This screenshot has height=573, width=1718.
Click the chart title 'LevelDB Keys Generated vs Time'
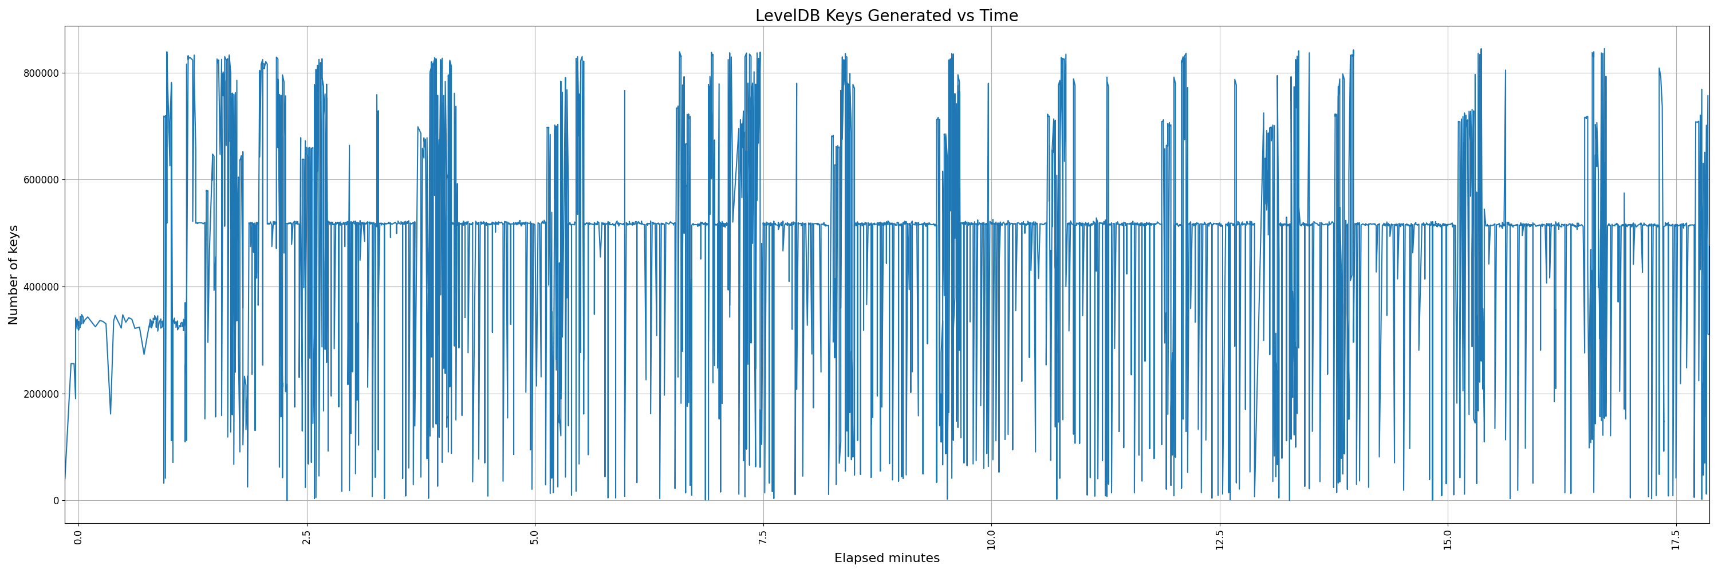click(886, 16)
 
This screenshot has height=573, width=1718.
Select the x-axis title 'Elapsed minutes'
click(886, 558)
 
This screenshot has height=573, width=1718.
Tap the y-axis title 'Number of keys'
click(13, 275)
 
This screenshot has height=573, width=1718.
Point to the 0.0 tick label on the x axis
click(78, 537)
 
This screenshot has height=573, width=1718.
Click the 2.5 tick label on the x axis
click(307, 537)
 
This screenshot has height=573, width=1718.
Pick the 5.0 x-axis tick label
click(535, 537)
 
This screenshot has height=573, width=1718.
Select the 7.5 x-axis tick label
click(763, 537)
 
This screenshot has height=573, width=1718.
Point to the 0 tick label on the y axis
click(56, 501)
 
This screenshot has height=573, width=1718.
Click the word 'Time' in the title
click(998, 16)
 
